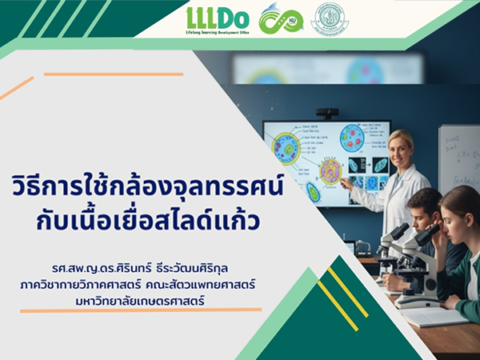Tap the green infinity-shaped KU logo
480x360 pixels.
click(x=281, y=18)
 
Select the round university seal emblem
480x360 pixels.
click(x=329, y=18)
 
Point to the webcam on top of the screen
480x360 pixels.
click(x=326, y=114)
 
